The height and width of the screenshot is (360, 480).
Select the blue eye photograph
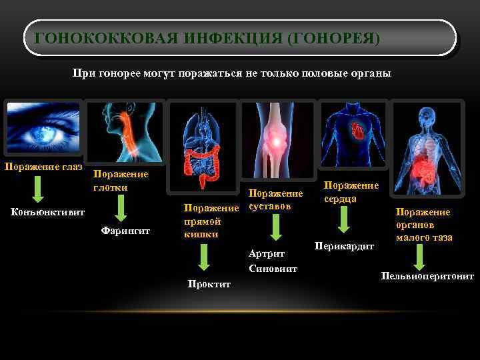point(42,130)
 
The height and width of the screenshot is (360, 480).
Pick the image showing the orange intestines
point(202,146)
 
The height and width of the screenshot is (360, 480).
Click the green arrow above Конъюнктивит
point(39,189)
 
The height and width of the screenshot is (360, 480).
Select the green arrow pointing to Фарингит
point(121,208)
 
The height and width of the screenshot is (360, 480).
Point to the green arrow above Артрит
point(273,227)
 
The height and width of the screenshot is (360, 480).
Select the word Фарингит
point(125,231)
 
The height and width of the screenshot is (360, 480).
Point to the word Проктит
point(209,284)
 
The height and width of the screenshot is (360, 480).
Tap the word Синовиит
point(272,269)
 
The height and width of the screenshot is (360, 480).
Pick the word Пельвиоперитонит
point(427,275)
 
